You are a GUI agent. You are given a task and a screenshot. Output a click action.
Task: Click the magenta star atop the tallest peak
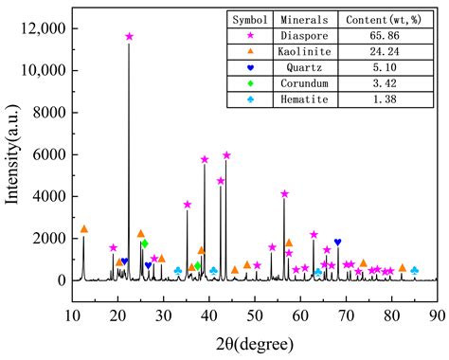(x=129, y=37)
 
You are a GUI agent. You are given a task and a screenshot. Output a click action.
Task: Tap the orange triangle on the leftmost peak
(x=83, y=229)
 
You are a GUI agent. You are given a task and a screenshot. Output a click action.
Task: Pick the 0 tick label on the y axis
(x=57, y=280)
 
